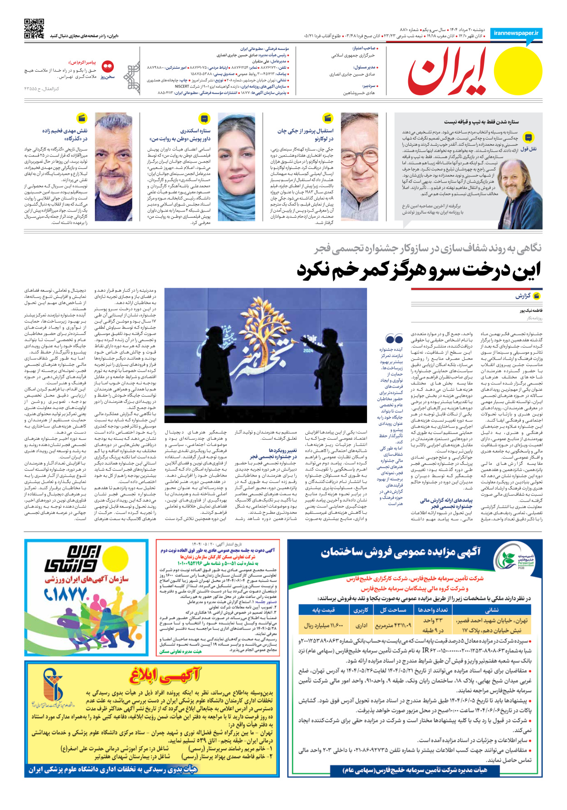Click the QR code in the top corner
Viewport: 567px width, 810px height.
pos(34,29)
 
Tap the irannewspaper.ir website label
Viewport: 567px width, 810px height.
pos(516,33)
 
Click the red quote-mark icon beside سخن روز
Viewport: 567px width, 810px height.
pos(108,67)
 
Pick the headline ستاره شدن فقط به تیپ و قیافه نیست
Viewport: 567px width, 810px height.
pos(481,122)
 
